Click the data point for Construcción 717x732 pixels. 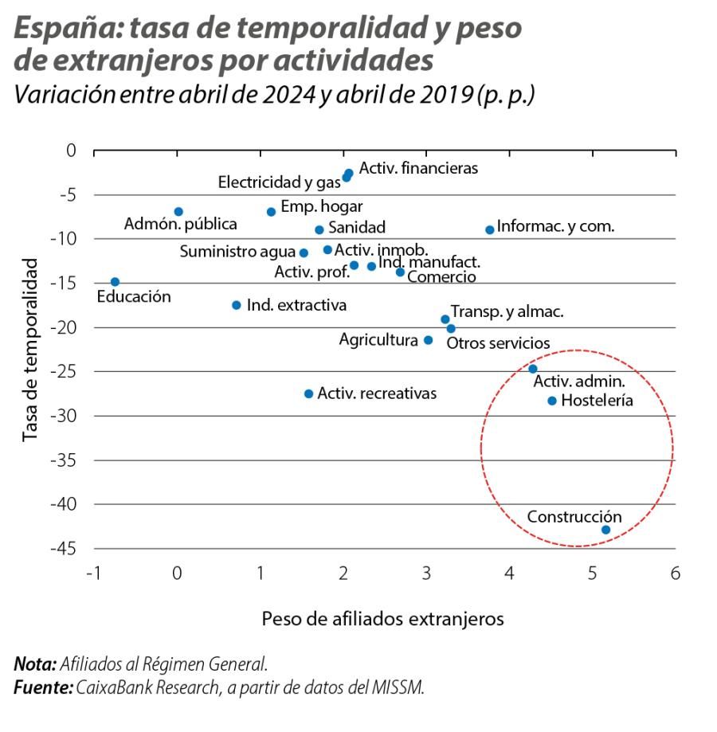click(x=605, y=530)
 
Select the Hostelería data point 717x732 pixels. click(x=551, y=401)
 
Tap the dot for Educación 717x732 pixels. click(x=115, y=282)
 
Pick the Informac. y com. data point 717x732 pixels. click(x=490, y=229)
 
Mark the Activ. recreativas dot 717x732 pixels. click(x=309, y=393)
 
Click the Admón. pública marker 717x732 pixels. click(x=178, y=212)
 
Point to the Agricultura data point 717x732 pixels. click(x=428, y=340)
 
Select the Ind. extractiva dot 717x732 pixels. click(x=236, y=305)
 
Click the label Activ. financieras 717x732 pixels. click(x=418, y=168)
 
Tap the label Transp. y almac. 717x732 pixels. click(x=507, y=311)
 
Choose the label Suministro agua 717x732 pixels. click(x=237, y=252)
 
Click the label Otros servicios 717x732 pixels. click(x=498, y=343)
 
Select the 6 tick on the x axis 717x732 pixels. click(x=675, y=573)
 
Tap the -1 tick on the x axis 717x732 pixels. click(x=94, y=573)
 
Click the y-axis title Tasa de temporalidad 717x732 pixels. click(x=30, y=349)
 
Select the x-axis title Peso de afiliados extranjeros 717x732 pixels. click(x=382, y=619)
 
